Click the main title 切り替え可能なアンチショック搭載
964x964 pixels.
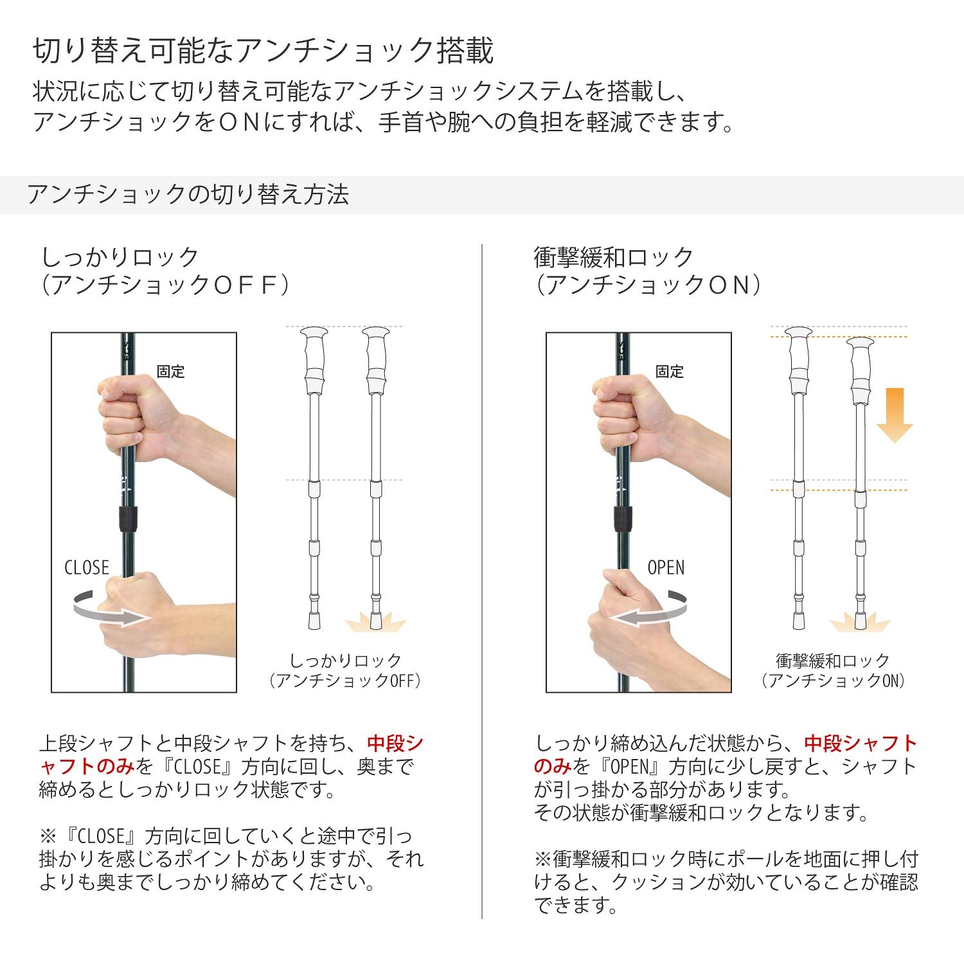(263, 51)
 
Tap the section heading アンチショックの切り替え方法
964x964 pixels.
(188, 194)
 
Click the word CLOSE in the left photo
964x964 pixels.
(87, 567)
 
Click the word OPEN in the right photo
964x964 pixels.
(666, 567)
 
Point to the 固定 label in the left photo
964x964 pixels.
(170, 371)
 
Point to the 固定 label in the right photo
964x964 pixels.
(669, 371)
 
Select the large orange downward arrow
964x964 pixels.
(894, 415)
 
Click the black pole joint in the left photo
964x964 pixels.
(127, 519)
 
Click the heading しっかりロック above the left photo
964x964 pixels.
(120, 257)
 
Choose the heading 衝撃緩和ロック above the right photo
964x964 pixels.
(614, 257)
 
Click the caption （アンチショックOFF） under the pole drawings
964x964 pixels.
(346, 681)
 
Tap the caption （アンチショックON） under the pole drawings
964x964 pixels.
(833, 681)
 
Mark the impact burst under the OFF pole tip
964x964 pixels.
(375, 621)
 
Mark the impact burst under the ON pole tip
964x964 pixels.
(860, 622)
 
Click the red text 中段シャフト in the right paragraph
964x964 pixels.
(861, 744)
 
